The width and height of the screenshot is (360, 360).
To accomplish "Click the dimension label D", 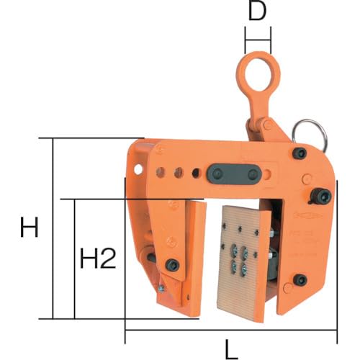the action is click(x=257, y=12).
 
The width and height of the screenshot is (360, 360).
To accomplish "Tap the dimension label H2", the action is click(x=98, y=258).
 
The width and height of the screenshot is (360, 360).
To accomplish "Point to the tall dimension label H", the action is click(x=29, y=227).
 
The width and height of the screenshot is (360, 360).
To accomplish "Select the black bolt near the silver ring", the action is click(x=300, y=153).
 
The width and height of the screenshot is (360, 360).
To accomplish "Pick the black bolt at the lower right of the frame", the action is click(x=300, y=280).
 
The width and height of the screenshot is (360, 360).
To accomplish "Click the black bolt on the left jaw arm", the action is click(x=172, y=265).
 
